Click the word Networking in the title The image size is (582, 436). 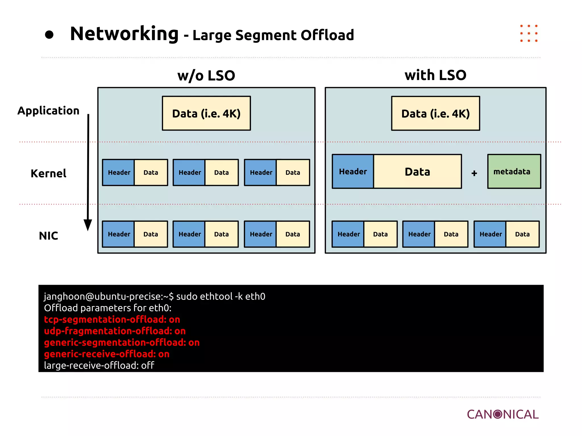point(124,34)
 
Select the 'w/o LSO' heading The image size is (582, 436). point(206,76)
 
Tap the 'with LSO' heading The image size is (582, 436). point(435,75)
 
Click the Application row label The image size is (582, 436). point(48,111)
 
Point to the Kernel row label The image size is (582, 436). point(48,173)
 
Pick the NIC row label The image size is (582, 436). point(48,236)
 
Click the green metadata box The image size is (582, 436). point(514,171)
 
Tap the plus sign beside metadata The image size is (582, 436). point(474,173)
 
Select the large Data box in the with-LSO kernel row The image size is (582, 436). point(417,171)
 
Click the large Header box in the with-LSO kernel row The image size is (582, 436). point(353,171)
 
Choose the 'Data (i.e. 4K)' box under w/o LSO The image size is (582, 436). point(206,113)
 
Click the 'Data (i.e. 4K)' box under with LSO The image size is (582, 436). point(435,113)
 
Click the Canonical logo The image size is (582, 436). point(503,414)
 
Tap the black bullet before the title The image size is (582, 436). point(49,35)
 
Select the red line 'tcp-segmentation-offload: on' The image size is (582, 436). point(112,320)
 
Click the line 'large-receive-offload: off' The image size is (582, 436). point(99,365)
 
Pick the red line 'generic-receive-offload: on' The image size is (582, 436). point(107,354)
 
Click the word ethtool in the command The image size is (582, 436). point(216,296)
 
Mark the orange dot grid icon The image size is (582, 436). point(529,33)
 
